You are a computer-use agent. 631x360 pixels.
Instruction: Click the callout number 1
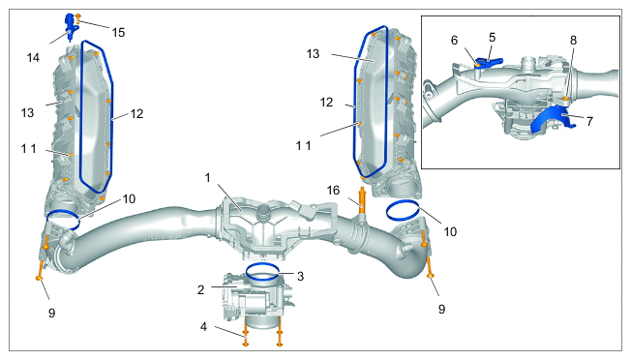tap(208, 177)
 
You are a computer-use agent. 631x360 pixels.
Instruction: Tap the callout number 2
tap(200, 289)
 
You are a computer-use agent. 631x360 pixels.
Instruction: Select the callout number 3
tap(300, 277)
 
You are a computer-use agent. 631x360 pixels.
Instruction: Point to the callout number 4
tap(203, 327)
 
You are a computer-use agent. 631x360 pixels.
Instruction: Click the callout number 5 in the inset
tap(493, 38)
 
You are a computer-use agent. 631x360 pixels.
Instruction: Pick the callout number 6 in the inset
tap(454, 41)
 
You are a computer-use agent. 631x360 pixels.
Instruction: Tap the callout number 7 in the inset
tap(589, 121)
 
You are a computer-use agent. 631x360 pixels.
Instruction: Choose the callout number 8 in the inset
tap(573, 41)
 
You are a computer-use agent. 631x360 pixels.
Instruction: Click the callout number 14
tap(34, 58)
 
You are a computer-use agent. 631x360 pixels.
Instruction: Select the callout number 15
tap(118, 33)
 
